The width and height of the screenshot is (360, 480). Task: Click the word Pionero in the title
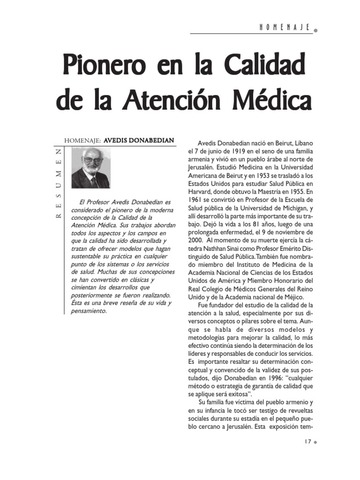pos(112,69)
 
